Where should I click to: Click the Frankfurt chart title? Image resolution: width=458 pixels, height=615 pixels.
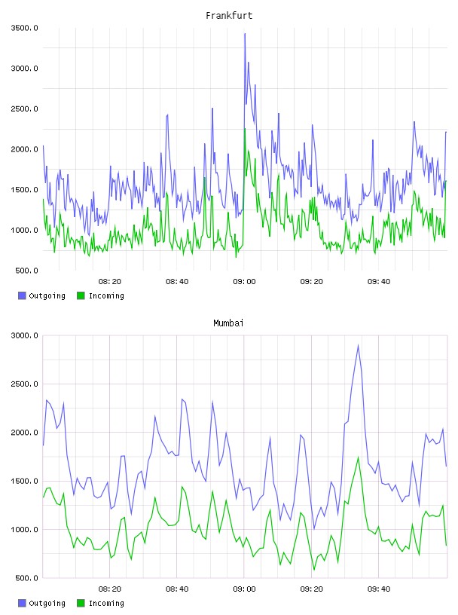click(229, 16)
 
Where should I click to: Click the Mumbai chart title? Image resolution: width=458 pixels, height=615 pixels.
click(228, 323)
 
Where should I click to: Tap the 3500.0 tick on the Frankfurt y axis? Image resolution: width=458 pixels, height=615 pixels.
click(24, 28)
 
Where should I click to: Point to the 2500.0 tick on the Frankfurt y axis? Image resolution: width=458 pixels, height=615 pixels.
click(24, 109)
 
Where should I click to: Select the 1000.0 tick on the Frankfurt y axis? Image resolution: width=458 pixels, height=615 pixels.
click(24, 230)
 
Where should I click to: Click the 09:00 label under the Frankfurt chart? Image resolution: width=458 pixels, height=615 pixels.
click(244, 282)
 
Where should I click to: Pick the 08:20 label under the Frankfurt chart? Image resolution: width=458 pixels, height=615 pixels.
click(110, 282)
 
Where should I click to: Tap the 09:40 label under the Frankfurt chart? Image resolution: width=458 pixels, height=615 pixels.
click(379, 282)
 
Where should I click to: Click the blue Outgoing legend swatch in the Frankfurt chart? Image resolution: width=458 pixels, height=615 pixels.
click(22, 295)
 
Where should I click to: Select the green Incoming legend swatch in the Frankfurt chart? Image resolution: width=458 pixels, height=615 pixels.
click(81, 295)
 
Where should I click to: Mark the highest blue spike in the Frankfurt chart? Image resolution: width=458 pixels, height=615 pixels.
click(245, 34)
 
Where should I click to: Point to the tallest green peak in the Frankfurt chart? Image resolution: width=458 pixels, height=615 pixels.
click(245, 129)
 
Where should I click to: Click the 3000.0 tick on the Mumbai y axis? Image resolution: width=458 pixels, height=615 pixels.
click(24, 335)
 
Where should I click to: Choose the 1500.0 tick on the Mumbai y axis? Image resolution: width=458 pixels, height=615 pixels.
click(24, 482)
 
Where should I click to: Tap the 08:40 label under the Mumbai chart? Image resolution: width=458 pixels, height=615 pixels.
click(177, 589)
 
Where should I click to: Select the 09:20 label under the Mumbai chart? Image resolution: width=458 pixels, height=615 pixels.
click(311, 589)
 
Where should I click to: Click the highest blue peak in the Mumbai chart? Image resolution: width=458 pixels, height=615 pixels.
click(358, 345)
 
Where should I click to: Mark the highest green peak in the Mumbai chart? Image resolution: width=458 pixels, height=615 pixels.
click(358, 457)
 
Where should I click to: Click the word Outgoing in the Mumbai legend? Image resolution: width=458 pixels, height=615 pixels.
click(47, 604)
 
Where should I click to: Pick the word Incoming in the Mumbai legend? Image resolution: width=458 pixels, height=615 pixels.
click(106, 604)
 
